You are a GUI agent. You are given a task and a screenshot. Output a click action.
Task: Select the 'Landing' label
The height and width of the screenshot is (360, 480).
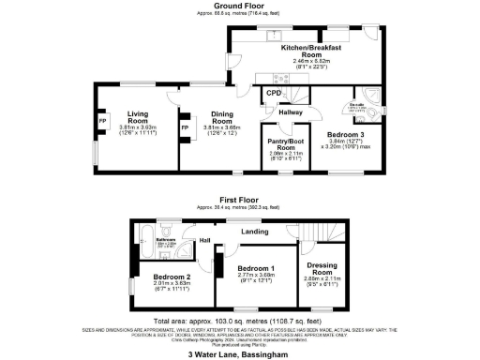tap(253, 231)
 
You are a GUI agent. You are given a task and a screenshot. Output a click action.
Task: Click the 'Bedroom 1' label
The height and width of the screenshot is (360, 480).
tap(254, 265)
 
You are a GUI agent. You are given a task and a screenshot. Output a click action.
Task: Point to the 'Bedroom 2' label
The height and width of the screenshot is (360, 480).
tap(172, 277)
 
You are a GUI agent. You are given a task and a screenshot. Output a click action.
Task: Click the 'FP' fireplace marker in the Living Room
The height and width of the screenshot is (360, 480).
tap(102, 121)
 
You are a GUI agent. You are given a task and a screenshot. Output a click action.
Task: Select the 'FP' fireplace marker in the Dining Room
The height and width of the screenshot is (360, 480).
tap(185, 126)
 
